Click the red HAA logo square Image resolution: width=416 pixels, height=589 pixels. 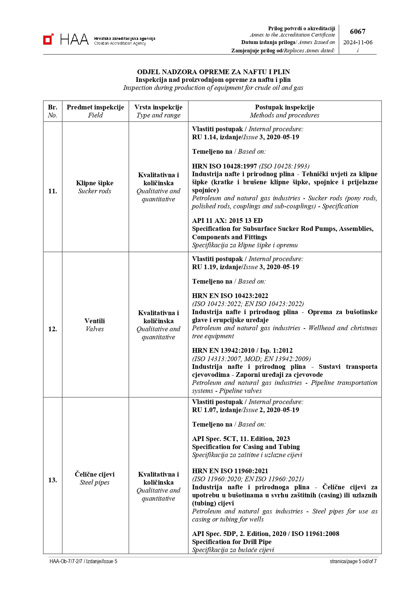tap(48, 39)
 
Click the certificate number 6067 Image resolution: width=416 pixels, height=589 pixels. tap(358, 32)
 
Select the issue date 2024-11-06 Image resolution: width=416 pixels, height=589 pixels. tap(358, 42)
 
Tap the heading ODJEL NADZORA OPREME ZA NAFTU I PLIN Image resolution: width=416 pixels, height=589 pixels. tap(213, 72)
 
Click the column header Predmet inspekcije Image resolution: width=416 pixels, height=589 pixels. tap(95, 107)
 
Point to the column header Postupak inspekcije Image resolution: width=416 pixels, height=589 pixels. tap(285, 107)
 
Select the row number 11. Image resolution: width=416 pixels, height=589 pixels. tap(53, 191)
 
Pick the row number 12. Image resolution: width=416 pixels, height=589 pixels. tap(53, 329)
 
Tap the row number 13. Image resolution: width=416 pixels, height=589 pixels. tap(53, 480)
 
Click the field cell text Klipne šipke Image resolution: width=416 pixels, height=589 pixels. tap(95, 183)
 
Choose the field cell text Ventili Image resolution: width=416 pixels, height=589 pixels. tap(95, 321)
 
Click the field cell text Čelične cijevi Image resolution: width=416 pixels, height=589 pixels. tap(95, 474)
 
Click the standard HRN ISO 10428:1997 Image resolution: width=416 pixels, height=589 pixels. tap(224, 166)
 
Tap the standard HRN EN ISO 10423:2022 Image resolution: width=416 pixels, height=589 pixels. tap(230, 296)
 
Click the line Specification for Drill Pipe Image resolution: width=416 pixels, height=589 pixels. tap(232, 542)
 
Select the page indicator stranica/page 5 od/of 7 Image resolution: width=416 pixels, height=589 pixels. tap(353, 561)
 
